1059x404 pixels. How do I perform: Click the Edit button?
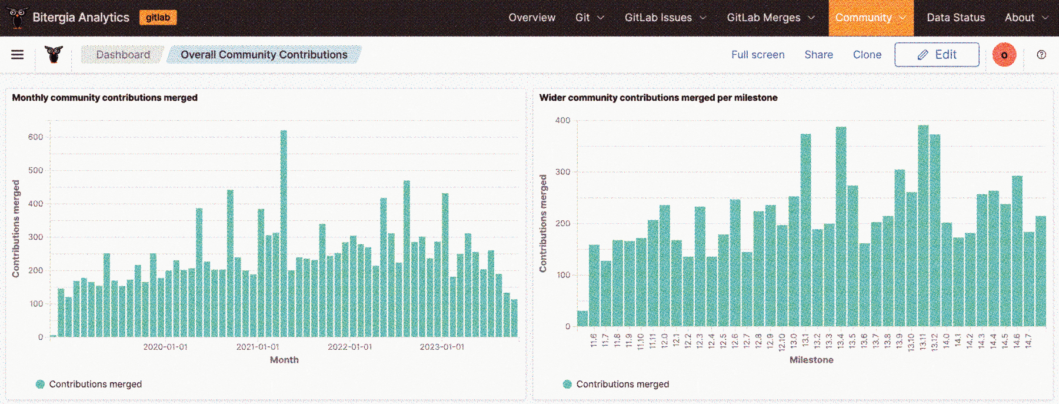(x=937, y=55)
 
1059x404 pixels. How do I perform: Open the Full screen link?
(x=758, y=55)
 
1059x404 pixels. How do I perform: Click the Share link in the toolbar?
(x=818, y=55)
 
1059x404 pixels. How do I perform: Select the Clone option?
(x=867, y=55)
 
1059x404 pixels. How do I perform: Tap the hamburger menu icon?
(x=18, y=55)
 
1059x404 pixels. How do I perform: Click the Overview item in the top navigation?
(x=532, y=18)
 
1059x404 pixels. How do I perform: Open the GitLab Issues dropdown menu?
(x=665, y=18)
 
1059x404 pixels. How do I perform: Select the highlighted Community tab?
(x=870, y=18)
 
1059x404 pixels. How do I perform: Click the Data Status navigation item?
(x=955, y=18)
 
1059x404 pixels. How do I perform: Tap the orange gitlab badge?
(x=158, y=18)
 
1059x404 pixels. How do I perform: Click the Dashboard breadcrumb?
(x=123, y=55)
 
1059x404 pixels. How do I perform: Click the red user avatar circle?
(x=1004, y=55)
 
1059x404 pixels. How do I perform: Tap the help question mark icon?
(x=1041, y=55)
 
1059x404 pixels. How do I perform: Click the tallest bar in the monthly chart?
(x=284, y=236)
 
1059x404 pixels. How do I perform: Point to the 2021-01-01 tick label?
(x=258, y=347)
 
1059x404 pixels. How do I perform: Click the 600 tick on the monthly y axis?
(x=35, y=137)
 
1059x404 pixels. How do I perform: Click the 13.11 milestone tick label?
(x=923, y=341)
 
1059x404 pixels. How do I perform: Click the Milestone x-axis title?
(x=811, y=360)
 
